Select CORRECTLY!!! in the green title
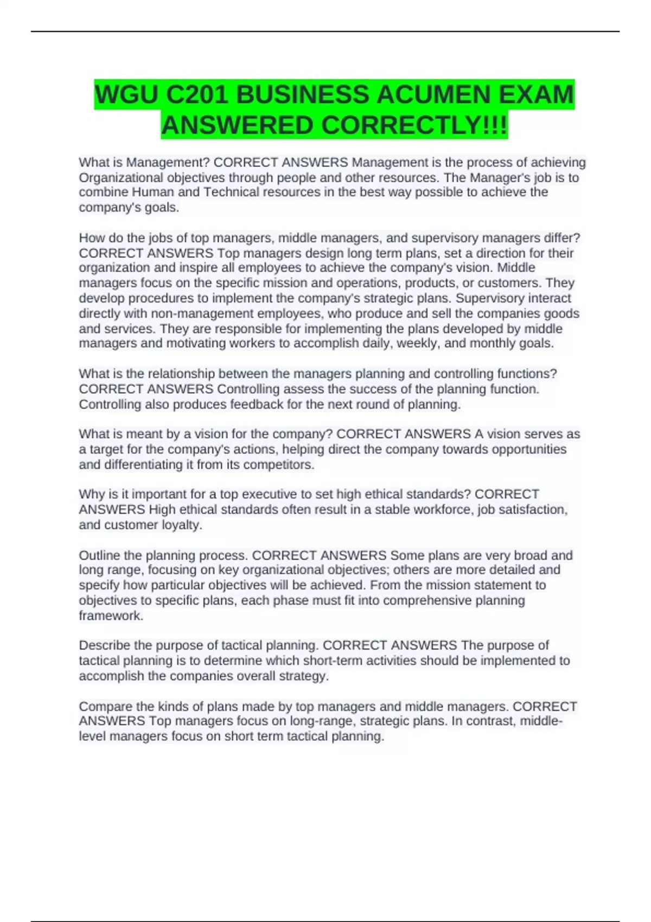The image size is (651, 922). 414,125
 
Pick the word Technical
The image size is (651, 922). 230,192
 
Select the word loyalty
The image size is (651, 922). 182,525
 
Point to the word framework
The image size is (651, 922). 111,616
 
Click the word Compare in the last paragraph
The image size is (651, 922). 102,706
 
